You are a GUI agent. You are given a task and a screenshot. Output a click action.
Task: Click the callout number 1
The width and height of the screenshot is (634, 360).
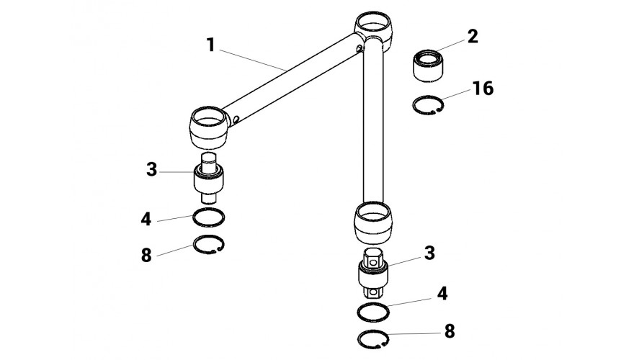pos(210,45)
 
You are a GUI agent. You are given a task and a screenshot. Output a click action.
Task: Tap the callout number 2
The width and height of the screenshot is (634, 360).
pos(472,37)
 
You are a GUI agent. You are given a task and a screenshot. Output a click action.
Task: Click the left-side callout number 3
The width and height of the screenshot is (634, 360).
pos(151,171)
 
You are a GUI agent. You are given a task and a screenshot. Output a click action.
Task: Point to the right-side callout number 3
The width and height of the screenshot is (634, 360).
pos(429,253)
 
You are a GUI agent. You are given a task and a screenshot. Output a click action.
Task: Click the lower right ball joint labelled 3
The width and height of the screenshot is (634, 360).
pos(374,274)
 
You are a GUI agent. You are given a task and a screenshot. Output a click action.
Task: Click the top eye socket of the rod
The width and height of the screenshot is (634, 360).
pos(373,28)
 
